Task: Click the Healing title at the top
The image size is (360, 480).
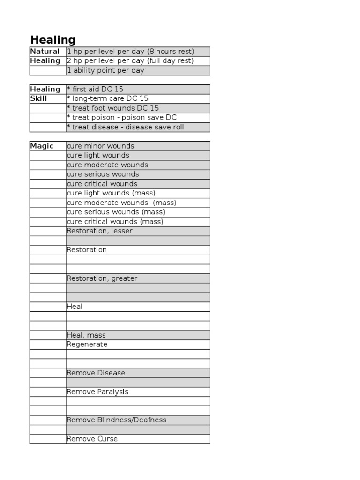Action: click(x=53, y=40)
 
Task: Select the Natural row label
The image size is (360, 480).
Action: click(x=45, y=52)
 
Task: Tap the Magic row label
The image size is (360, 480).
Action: click(x=42, y=146)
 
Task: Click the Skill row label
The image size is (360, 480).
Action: click(x=38, y=98)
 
